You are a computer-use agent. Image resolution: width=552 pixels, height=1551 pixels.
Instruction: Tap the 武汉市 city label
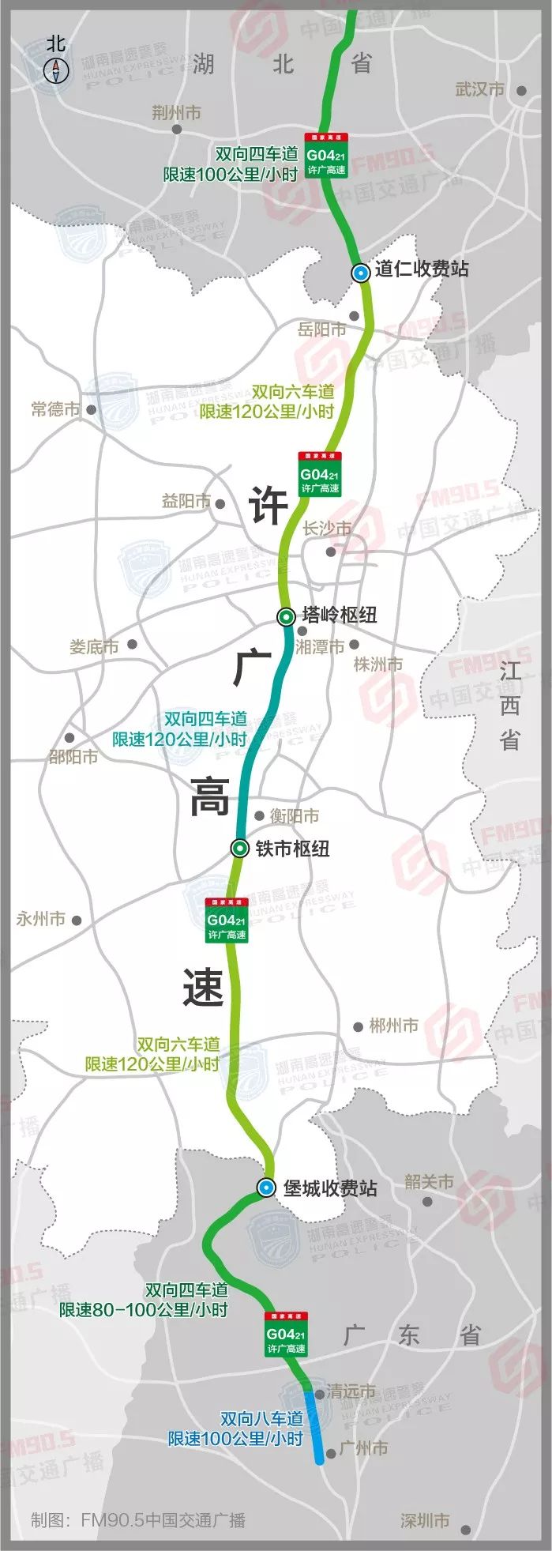click(x=479, y=89)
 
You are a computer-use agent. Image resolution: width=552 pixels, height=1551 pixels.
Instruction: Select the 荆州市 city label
click(x=176, y=113)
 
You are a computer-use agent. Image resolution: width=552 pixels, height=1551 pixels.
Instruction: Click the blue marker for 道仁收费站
click(x=360, y=273)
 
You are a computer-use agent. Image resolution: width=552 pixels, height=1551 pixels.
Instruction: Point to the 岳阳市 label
click(x=321, y=329)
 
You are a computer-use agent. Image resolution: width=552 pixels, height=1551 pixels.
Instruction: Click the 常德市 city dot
click(x=92, y=409)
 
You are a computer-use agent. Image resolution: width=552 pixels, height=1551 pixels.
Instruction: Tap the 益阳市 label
click(x=186, y=501)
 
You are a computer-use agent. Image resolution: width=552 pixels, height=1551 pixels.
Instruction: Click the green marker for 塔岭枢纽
click(x=286, y=616)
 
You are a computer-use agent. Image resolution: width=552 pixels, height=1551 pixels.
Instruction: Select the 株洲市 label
click(x=377, y=664)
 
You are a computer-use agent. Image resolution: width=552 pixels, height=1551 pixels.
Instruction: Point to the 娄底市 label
click(x=94, y=647)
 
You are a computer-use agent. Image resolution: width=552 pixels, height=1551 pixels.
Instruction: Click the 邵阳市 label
click(x=73, y=756)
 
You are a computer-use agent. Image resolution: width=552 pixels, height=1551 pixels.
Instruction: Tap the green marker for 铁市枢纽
click(x=239, y=848)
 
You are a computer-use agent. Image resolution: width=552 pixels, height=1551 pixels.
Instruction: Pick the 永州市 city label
click(x=40, y=919)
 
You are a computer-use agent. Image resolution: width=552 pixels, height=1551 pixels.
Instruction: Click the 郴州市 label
click(x=393, y=1026)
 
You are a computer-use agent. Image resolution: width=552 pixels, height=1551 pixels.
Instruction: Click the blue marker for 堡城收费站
click(x=267, y=1187)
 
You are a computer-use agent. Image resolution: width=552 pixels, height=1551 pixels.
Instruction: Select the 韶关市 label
click(x=429, y=1181)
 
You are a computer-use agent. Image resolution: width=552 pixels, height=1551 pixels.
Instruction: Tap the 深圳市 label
click(x=424, y=1519)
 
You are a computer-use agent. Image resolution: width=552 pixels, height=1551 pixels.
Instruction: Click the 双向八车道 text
click(x=262, y=1418)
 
